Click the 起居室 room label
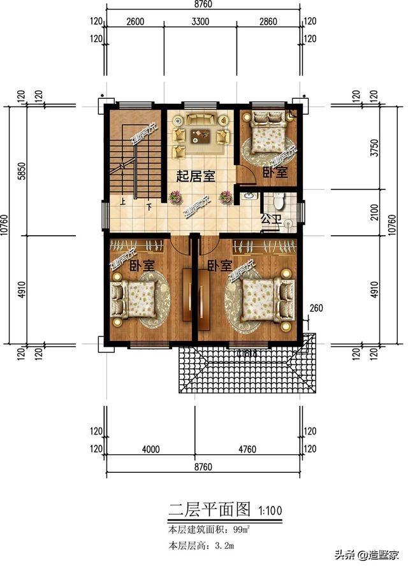tap(195, 176)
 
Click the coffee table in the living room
tap(201, 134)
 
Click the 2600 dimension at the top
tap(135, 21)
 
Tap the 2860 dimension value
tap(268, 21)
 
